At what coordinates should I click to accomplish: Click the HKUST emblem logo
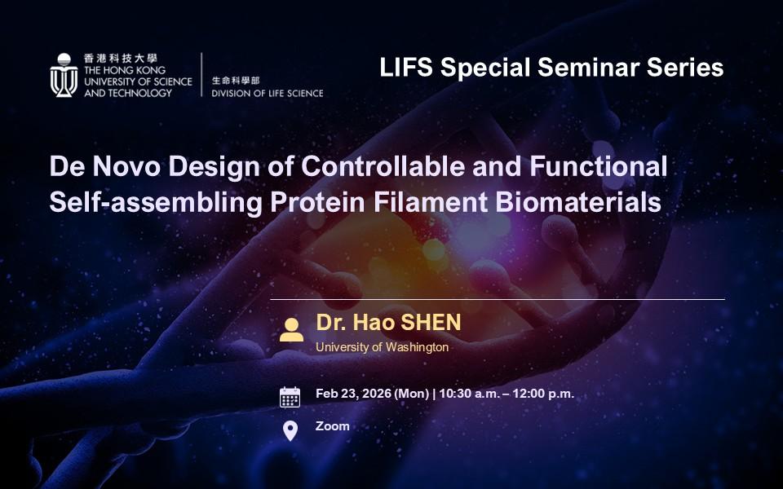[64, 75]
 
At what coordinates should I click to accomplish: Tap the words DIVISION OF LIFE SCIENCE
[268, 93]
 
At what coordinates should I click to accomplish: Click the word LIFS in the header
[406, 68]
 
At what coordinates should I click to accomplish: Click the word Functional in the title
[598, 165]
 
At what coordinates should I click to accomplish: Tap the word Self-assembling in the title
[156, 203]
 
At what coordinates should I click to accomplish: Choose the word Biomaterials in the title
[578, 203]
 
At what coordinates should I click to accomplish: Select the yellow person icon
[291, 330]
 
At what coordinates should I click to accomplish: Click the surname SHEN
[431, 323]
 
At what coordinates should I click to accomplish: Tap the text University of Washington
[382, 347]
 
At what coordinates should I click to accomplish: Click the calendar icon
[290, 397]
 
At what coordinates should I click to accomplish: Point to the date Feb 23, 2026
[353, 394]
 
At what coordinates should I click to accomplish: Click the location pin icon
[290, 431]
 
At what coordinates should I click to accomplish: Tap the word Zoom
[333, 426]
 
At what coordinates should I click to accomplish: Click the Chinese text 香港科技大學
[121, 59]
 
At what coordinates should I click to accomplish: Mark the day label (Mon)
[411, 394]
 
